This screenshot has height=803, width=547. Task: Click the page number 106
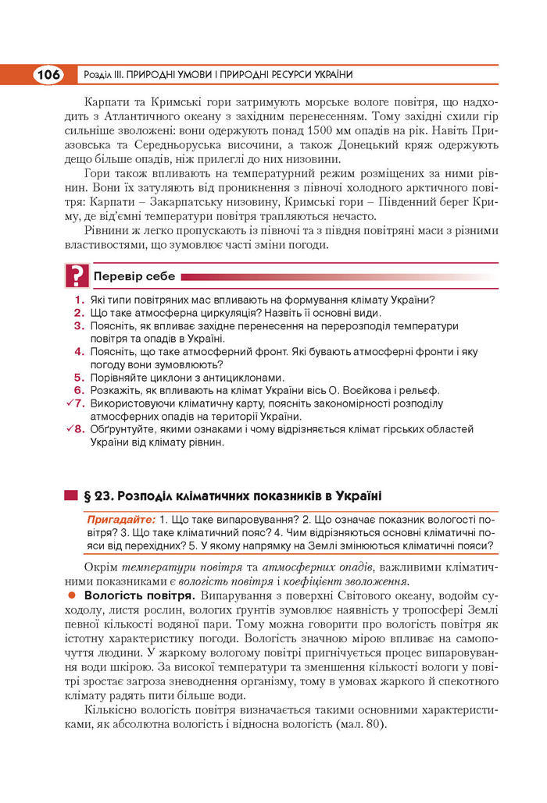click(48, 75)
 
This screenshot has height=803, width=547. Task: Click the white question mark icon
click(76, 277)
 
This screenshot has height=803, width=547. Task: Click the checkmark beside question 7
click(71, 403)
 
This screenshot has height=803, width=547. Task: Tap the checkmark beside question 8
click(71, 428)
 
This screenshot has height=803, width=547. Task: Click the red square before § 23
click(70, 496)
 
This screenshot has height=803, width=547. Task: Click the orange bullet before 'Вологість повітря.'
click(71, 595)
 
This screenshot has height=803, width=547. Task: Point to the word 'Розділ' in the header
click(94, 75)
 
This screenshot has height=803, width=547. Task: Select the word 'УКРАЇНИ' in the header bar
click(330, 75)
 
